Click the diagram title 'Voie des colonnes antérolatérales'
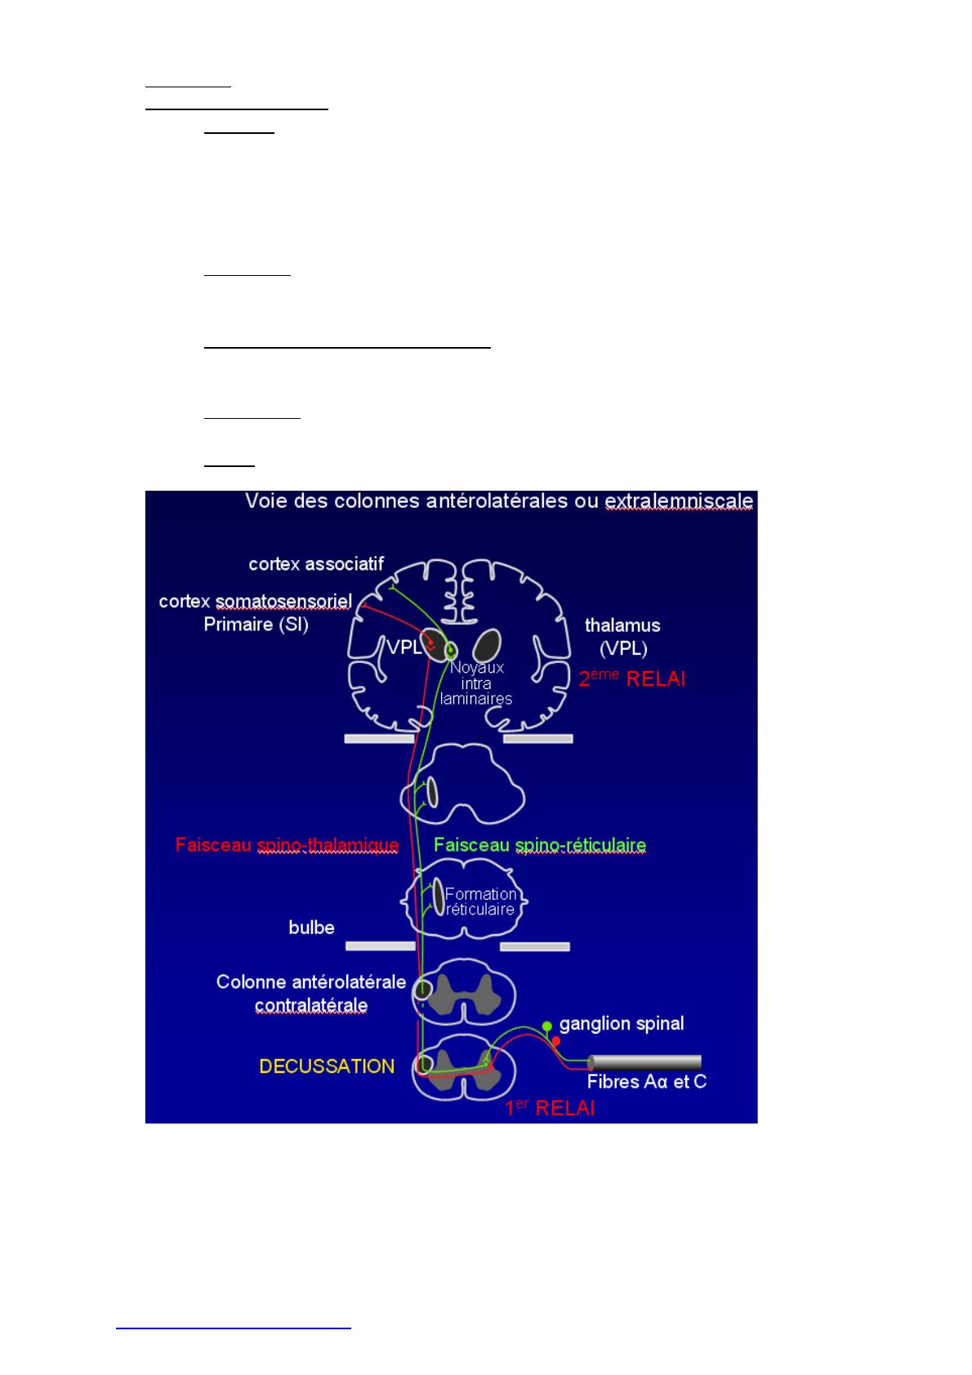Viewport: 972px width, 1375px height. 407,501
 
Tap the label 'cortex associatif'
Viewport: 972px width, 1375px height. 316,564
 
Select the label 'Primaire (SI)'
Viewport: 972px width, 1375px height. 256,625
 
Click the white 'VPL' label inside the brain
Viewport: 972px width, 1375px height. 404,647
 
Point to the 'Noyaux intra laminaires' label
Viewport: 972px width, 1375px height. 476,683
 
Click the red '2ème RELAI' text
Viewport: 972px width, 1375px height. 632,678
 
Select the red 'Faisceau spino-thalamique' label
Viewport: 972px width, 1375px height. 288,845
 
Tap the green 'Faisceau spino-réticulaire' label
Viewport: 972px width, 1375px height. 540,845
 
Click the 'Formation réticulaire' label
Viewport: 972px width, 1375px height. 480,901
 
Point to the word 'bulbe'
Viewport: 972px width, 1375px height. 311,928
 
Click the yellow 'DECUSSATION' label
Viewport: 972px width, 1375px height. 327,1066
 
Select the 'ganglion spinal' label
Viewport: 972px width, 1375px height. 622,1024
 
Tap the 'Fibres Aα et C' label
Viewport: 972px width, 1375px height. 647,1082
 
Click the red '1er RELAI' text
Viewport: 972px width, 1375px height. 550,1108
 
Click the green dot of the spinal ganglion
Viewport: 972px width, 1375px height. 547,1026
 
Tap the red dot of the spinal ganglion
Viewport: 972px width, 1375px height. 555,1041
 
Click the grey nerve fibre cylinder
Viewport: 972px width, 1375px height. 644,1062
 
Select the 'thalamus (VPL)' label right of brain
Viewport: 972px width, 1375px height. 622,637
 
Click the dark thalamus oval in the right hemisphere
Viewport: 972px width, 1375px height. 487,647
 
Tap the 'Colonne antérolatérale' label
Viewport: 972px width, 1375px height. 310,982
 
